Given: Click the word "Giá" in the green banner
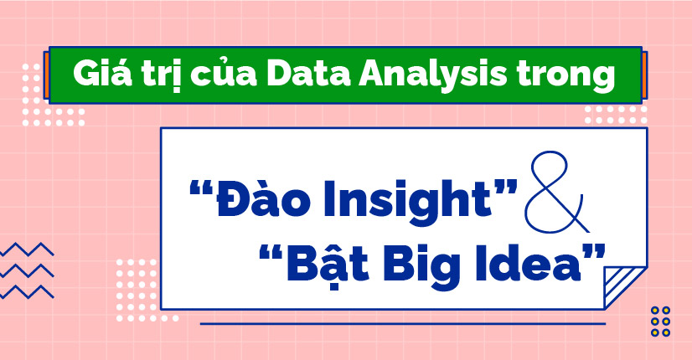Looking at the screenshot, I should (x=97, y=76).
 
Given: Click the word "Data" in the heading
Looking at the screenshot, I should (x=293, y=76).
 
